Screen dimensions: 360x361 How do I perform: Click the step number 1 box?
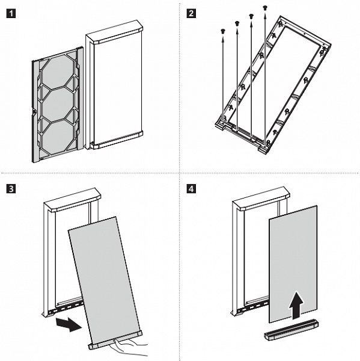[x=11, y=13]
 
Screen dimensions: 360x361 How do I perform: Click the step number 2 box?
[x=191, y=13]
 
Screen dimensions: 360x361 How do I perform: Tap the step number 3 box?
[x=11, y=189]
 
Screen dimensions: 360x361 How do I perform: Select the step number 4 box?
[x=191, y=189]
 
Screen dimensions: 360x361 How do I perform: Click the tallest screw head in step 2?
[x=265, y=8]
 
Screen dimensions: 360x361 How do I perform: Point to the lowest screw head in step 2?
[x=222, y=31]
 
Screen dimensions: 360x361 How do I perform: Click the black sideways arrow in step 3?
[x=69, y=324]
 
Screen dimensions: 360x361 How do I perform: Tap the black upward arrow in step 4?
[x=296, y=305]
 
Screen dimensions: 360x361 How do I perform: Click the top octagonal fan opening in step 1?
[x=58, y=72]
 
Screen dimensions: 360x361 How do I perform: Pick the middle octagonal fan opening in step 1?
[x=58, y=103]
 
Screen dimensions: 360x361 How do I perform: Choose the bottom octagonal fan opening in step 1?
[x=58, y=137]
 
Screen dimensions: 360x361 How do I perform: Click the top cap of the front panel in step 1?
[x=114, y=32]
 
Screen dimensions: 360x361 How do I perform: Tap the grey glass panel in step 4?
[x=293, y=264]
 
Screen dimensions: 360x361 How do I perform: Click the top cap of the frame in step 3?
[x=72, y=200]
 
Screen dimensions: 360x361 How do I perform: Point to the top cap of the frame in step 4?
[x=261, y=199]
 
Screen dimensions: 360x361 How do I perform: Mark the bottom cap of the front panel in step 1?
[x=116, y=140]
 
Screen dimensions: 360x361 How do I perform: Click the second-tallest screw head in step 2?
[x=251, y=16]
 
